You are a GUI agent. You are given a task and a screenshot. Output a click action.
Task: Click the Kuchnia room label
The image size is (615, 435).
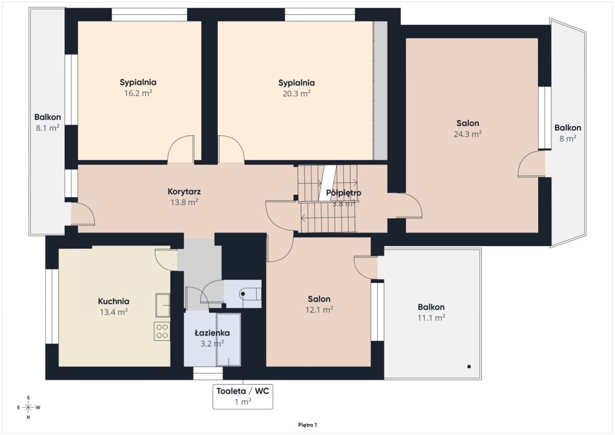tap(113, 301)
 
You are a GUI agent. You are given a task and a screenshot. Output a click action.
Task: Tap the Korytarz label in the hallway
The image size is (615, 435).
tap(184, 192)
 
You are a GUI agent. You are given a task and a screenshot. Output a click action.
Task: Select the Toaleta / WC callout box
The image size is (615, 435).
tap(243, 397)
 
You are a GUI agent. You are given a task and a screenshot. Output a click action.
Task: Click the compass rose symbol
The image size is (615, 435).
tap(28, 407)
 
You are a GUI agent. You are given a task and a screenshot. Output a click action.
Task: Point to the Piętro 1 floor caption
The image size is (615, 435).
tap(307, 425)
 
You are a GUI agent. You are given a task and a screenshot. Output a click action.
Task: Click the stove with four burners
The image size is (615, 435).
tap(162, 331)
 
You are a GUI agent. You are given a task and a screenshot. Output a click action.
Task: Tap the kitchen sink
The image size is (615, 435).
tap(162, 305)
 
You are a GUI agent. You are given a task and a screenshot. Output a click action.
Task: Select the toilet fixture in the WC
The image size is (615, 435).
tap(250, 294)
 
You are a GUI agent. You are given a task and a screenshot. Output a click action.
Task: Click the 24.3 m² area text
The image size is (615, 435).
tap(467, 134)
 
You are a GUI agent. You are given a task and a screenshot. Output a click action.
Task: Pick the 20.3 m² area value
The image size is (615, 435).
tap(297, 94)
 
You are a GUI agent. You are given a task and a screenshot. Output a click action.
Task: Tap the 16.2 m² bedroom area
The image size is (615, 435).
tap(138, 93)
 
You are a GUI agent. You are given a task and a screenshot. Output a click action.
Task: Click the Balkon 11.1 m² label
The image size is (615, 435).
tap(431, 313)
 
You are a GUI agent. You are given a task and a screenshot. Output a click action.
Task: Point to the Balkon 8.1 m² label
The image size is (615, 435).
tap(48, 122)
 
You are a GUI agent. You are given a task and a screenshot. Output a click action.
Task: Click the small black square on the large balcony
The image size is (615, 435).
tap(469, 366)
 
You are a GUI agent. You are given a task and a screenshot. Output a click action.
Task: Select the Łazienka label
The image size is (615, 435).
tap(212, 333)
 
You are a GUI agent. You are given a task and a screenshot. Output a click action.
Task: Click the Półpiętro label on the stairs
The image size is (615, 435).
tap(343, 193)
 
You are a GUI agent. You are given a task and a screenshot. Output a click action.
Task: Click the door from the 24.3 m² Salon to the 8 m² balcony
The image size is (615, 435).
tap(531, 163)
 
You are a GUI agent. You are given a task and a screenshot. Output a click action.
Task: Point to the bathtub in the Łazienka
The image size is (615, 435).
tap(229, 340)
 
